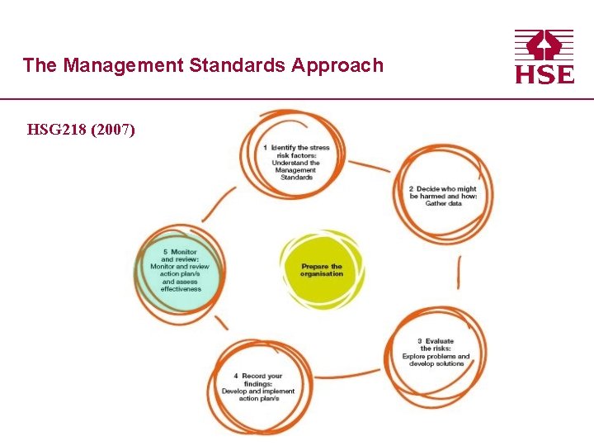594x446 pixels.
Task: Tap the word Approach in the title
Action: [x=337, y=65]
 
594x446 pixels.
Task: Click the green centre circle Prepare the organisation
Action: [x=322, y=268]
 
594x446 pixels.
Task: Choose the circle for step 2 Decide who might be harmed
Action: [x=443, y=194]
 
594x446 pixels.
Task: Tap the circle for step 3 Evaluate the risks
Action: [x=436, y=353]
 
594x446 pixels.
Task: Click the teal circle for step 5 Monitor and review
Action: [x=180, y=272]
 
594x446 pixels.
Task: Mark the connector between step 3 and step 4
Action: [x=346, y=376]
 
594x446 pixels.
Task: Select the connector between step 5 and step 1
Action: [x=219, y=202]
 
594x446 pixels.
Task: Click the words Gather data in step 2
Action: [x=443, y=203]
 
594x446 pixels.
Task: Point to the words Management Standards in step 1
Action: [x=296, y=173]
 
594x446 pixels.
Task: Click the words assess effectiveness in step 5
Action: [x=181, y=286]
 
